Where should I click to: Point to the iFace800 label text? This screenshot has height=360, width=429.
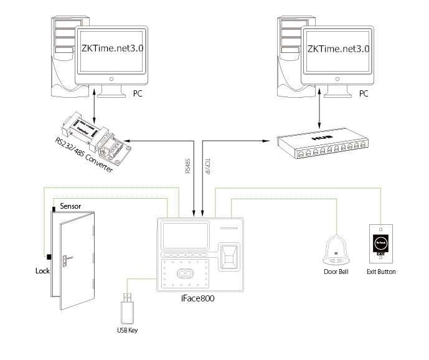coord(198,298)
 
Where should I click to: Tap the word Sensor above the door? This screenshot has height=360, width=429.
coord(70,206)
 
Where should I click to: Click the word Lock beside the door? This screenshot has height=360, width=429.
coord(42,272)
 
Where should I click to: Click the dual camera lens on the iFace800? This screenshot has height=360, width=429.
coord(183,273)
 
